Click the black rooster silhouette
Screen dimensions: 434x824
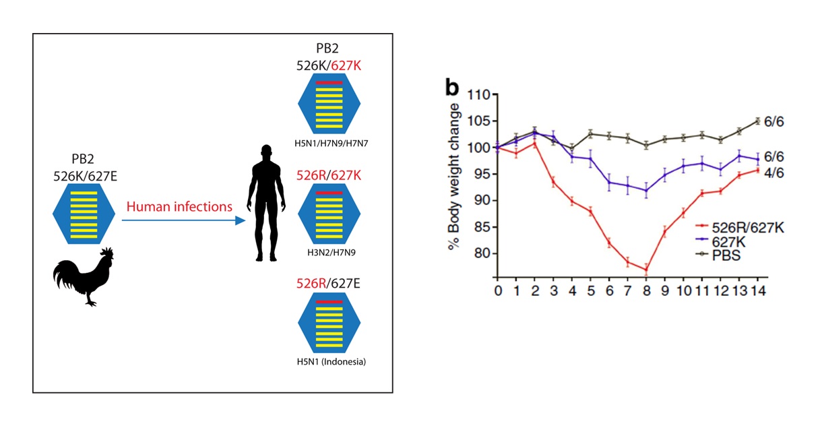(x=84, y=276)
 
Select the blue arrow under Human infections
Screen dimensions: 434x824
(x=182, y=220)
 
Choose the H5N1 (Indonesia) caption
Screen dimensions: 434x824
(x=329, y=362)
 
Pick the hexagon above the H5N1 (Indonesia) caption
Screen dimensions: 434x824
(x=329, y=323)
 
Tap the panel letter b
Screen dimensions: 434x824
(x=452, y=88)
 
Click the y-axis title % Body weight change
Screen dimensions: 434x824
(x=455, y=177)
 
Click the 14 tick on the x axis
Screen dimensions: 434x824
(x=757, y=291)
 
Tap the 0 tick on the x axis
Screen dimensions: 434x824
(x=497, y=291)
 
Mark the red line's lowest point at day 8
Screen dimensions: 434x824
(x=646, y=270)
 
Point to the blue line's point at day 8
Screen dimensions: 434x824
(x=646, y=190)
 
